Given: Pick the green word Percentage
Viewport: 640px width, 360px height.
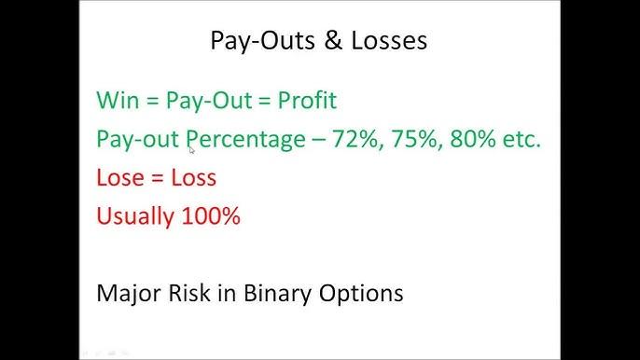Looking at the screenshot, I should pyautogui.click(x=245, y=139).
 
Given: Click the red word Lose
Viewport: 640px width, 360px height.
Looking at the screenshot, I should pyautogui.click(x=119, y=177).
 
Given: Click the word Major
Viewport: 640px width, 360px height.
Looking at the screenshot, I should pyautogui.click(x=125, y=293).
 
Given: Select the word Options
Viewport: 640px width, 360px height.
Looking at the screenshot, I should pyautogui.click(x=363, y=295).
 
